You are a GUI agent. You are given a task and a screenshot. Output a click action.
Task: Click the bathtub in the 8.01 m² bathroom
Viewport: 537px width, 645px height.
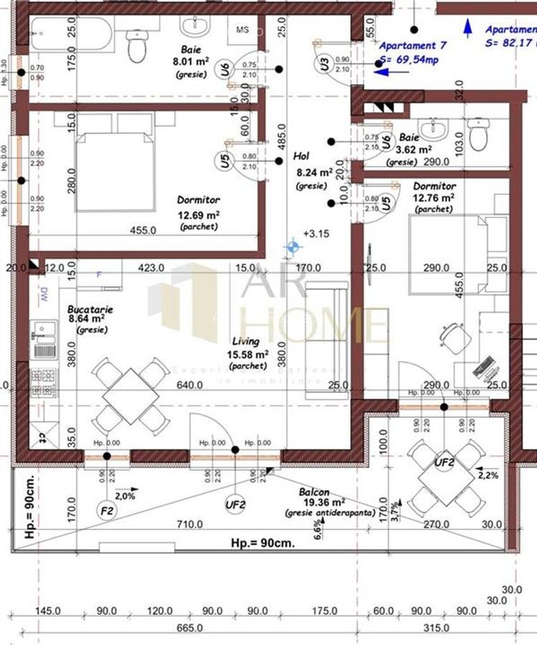pos(68,31)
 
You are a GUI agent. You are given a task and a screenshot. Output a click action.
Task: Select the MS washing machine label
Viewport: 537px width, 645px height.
pos(242,30)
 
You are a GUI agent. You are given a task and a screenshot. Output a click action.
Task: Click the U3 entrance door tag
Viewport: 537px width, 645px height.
pos(325,64)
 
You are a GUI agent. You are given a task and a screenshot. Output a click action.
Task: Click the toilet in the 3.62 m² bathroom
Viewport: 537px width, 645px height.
pos(478,134)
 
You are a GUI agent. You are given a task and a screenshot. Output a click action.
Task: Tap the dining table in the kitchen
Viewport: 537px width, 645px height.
pos(130,396)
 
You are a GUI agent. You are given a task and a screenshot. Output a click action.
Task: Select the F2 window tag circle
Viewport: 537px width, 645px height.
pos(107,510)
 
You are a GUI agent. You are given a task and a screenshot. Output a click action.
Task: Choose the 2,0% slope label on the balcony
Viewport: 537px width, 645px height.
pos(125,495)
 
